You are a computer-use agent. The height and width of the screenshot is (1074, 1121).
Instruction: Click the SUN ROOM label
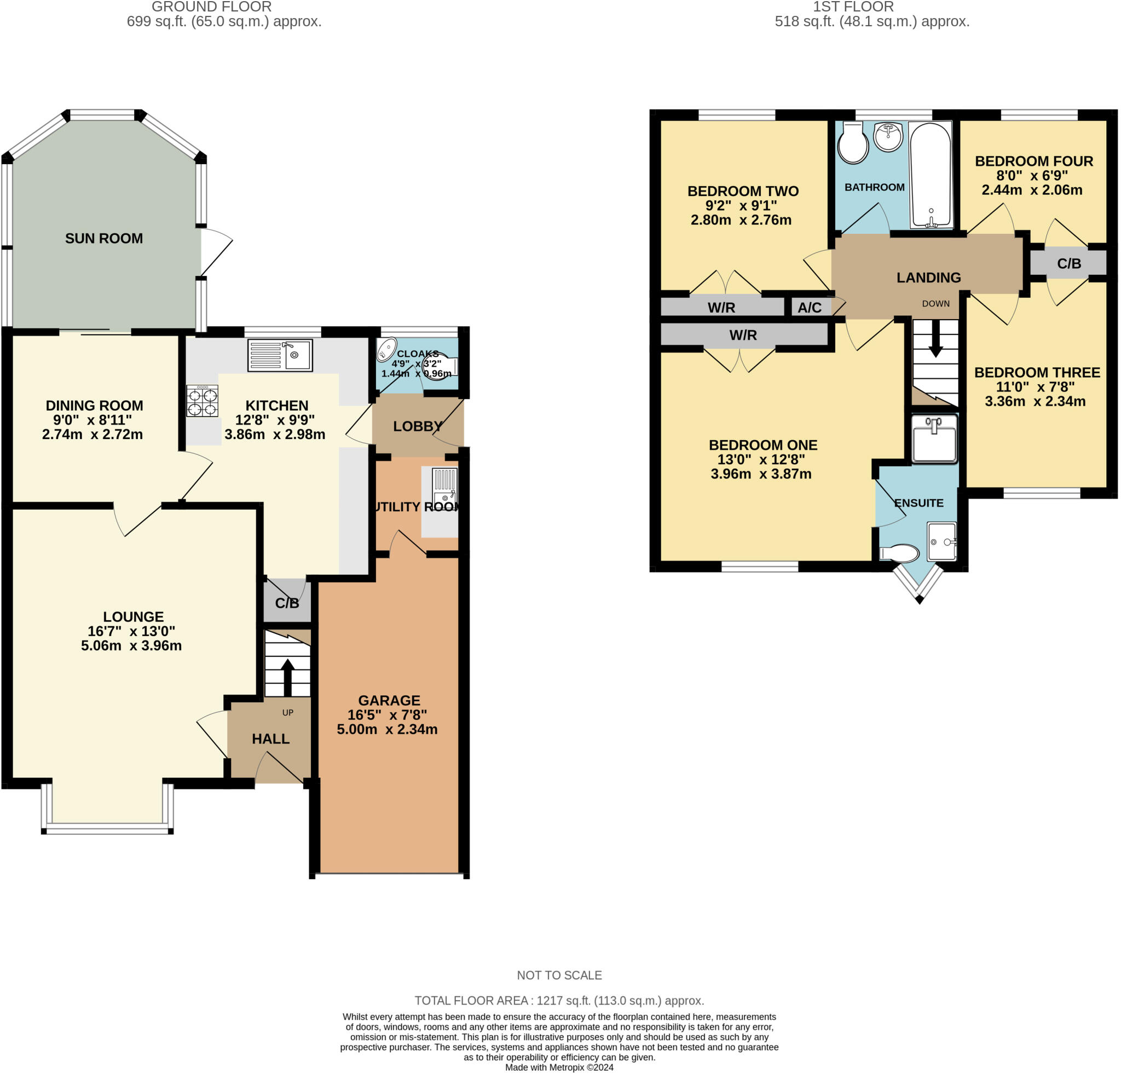click(x=103, y=239)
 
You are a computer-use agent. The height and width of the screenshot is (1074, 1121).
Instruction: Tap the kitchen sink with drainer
click(x=280, y=355)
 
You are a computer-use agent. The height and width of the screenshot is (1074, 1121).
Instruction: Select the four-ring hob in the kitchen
click(x=203, y=401)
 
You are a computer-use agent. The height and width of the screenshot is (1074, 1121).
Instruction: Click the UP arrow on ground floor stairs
click(x=287, y=676)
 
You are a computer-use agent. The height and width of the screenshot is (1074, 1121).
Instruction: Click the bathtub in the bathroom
click(x=931, y=175)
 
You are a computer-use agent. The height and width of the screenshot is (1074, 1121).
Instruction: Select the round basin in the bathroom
click(x=888, y=137)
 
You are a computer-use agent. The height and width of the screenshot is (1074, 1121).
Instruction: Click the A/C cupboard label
click(x=810, y=308)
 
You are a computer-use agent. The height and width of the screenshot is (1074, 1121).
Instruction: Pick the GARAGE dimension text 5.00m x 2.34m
click(x=387, y=729)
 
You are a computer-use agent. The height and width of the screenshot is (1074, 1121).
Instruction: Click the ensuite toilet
click(x=899, y=553)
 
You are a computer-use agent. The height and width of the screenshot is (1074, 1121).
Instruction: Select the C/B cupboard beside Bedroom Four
click(x=1068, y=264)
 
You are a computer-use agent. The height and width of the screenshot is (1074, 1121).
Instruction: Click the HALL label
click(x=270, y=739)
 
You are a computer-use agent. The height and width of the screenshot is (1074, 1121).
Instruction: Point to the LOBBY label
click(x=418, y=426)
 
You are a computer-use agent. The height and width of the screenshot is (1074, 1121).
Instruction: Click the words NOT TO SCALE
click(x=559, y=975)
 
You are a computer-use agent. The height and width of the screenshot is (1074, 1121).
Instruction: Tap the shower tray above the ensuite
click(x=934, y=438)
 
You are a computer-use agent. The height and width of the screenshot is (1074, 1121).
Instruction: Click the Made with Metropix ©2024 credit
click(x=559, y=1067)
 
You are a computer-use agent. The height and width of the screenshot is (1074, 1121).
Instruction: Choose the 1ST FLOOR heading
click(x=853, y=7)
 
